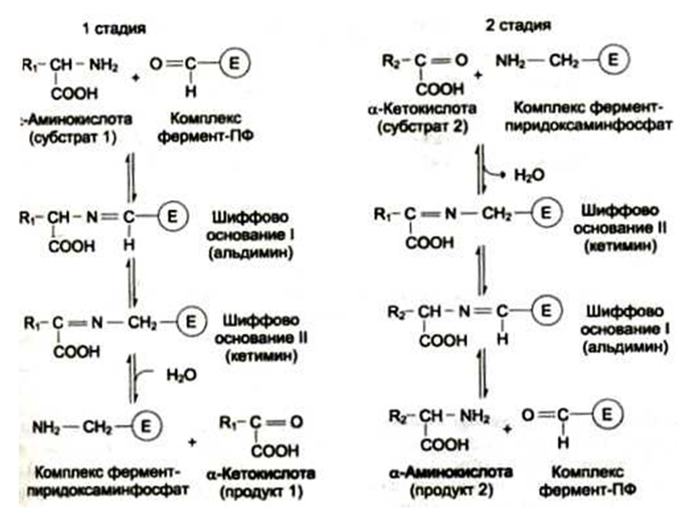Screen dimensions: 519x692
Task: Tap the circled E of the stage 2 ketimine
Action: (547, 212)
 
